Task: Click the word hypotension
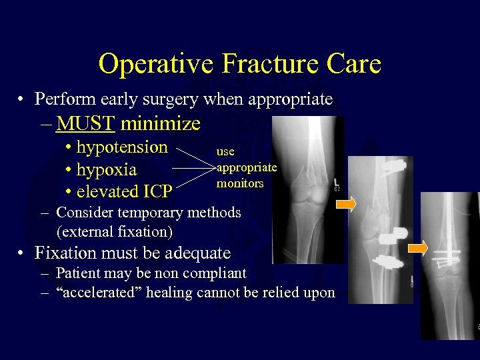pos(122,147)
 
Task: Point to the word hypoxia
pos(107,169)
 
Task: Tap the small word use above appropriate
pos(225,151)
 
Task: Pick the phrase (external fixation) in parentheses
pos(115,232)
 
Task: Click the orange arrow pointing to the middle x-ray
pos(346,207)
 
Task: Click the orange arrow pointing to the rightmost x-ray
pos(418,249)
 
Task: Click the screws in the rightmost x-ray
pos(448,254)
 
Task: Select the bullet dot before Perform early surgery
pos(23,100)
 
